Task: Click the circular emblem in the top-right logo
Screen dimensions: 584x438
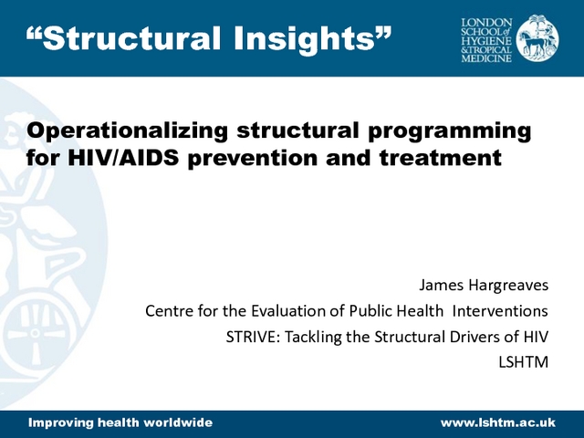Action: [537, 38]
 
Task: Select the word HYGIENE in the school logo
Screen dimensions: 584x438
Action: [486, 41]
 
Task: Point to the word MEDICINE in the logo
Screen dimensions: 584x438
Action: [486, 58]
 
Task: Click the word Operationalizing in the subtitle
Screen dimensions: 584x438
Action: [127, 131]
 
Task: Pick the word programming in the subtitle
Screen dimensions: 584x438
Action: [450, 131]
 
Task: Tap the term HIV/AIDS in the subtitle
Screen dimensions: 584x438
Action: [123, 158]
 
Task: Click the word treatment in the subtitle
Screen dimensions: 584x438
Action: [441, 158]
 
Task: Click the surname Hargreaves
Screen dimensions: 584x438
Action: [508, 286]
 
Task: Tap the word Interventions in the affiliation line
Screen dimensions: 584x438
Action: [500, 310]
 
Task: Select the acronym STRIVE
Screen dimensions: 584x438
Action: [253, 337]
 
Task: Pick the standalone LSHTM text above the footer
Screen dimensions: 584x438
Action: [523, 362]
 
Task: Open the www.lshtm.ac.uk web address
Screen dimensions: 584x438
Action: [498, 422]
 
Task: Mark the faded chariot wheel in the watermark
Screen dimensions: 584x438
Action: [36, 333]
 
